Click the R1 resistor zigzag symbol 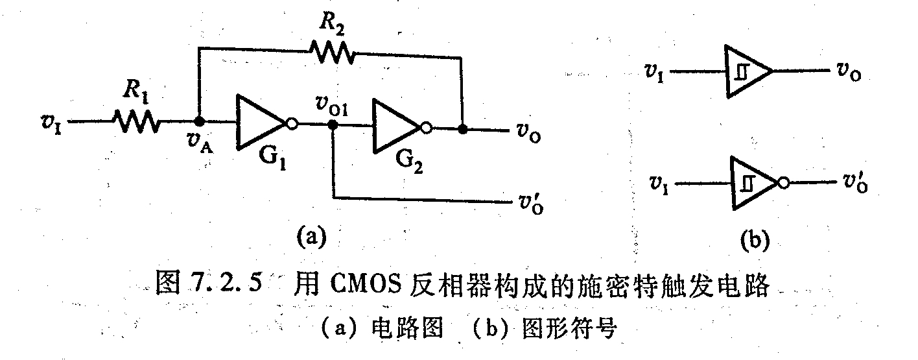coord(135,121)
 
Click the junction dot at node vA coord(200,121)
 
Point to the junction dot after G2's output coord(462,129)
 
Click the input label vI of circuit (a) coord(49,121)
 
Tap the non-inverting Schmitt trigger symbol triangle coord(746,71)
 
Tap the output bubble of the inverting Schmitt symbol coord(784,183)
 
